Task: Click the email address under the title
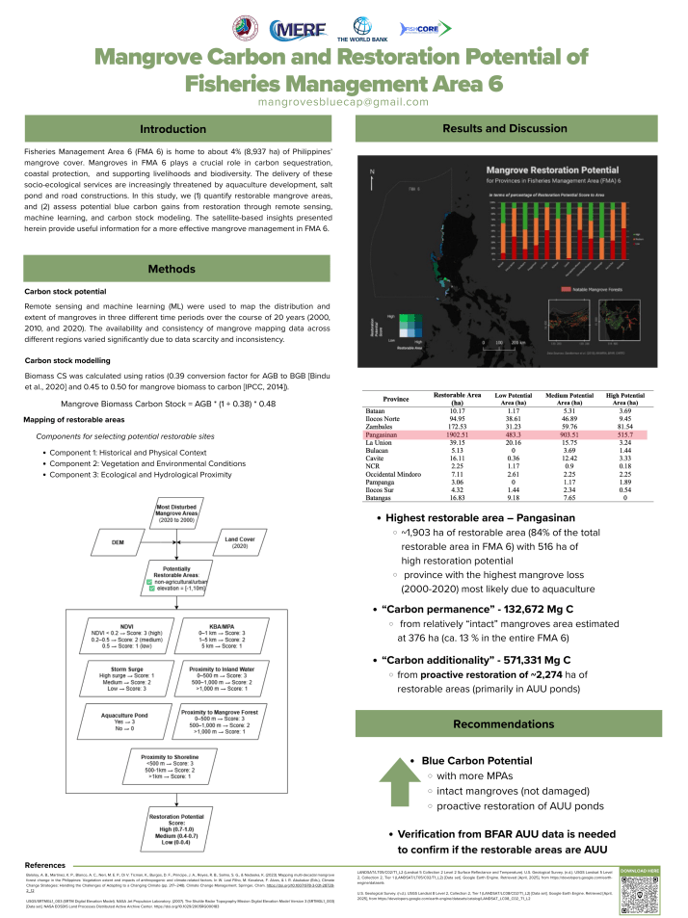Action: pyautogui.click(x=344, y=101)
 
